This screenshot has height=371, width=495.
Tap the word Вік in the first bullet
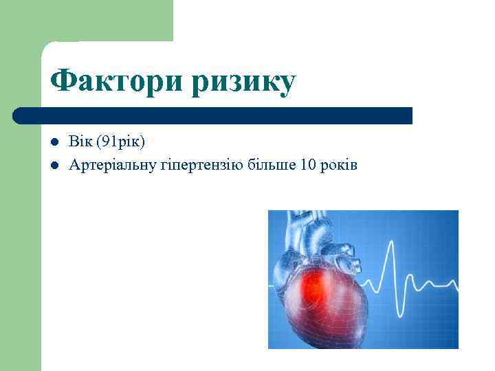(x=80, y=142)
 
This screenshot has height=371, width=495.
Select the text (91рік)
(x=120, y=142)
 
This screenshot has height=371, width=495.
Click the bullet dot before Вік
(x=54, y=142)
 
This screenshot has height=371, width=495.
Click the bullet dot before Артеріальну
(x=54, y=166)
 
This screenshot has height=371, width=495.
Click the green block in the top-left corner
(x=86, y=21)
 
